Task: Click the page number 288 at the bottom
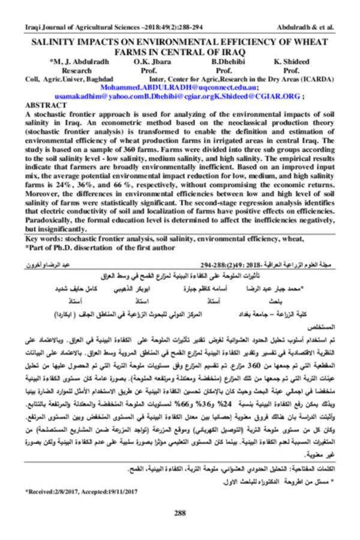coord(179,512)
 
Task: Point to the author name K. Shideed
coord(292,62)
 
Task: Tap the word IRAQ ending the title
coord(236,52)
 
